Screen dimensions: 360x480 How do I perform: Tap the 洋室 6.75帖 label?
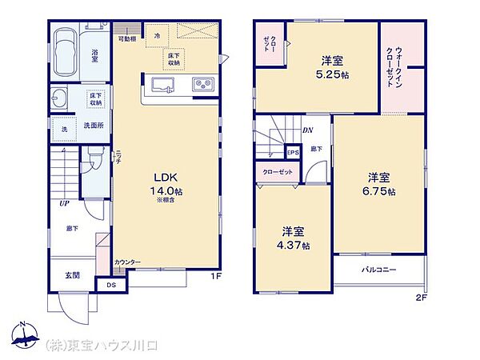pyautogui.click(x=382, y=183)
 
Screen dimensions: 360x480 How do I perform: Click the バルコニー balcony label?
pyautogui.click(x=379, y=270)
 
